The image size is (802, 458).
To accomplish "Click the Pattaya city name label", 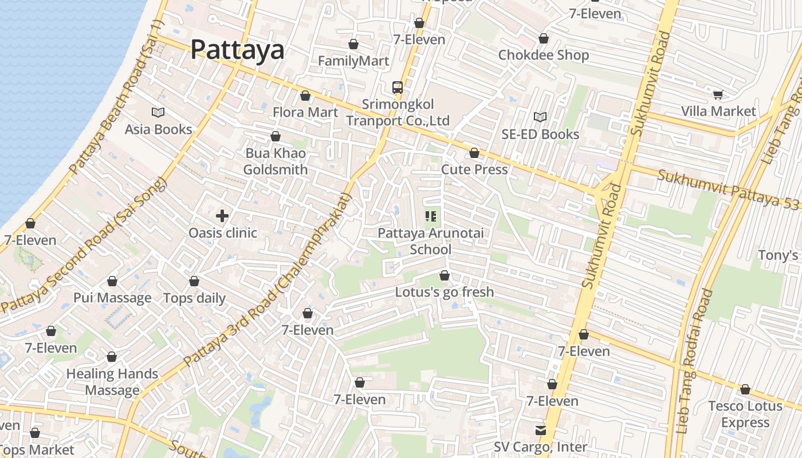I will coord(237,49).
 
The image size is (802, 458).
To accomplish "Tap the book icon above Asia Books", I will coord(158,112).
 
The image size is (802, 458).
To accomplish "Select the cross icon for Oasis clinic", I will coord(222,216).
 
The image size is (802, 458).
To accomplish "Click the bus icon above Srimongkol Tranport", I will coord(398,88).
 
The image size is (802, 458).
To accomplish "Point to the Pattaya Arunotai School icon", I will coord(431,216).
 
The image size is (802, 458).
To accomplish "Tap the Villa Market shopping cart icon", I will coord(718,94).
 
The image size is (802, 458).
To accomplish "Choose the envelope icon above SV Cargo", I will coord(540,430).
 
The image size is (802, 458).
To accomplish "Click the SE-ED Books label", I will coord(540,134).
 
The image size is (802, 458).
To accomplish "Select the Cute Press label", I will coord(474,169).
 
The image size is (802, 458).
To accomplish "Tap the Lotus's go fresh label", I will coord(444,292).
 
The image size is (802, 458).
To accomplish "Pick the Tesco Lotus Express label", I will coord(745,414).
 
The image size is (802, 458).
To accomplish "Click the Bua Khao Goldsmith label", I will coord(276,161).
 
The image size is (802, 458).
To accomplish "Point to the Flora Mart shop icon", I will coord(305,96).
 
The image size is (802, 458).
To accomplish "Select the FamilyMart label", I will coord(353,61).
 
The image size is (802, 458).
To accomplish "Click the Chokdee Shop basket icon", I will coord(543,38).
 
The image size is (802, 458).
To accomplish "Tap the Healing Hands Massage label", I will coord(112,382).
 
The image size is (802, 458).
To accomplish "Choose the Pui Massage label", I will coord(112,298).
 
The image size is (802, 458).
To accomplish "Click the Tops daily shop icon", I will coord(194,281).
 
